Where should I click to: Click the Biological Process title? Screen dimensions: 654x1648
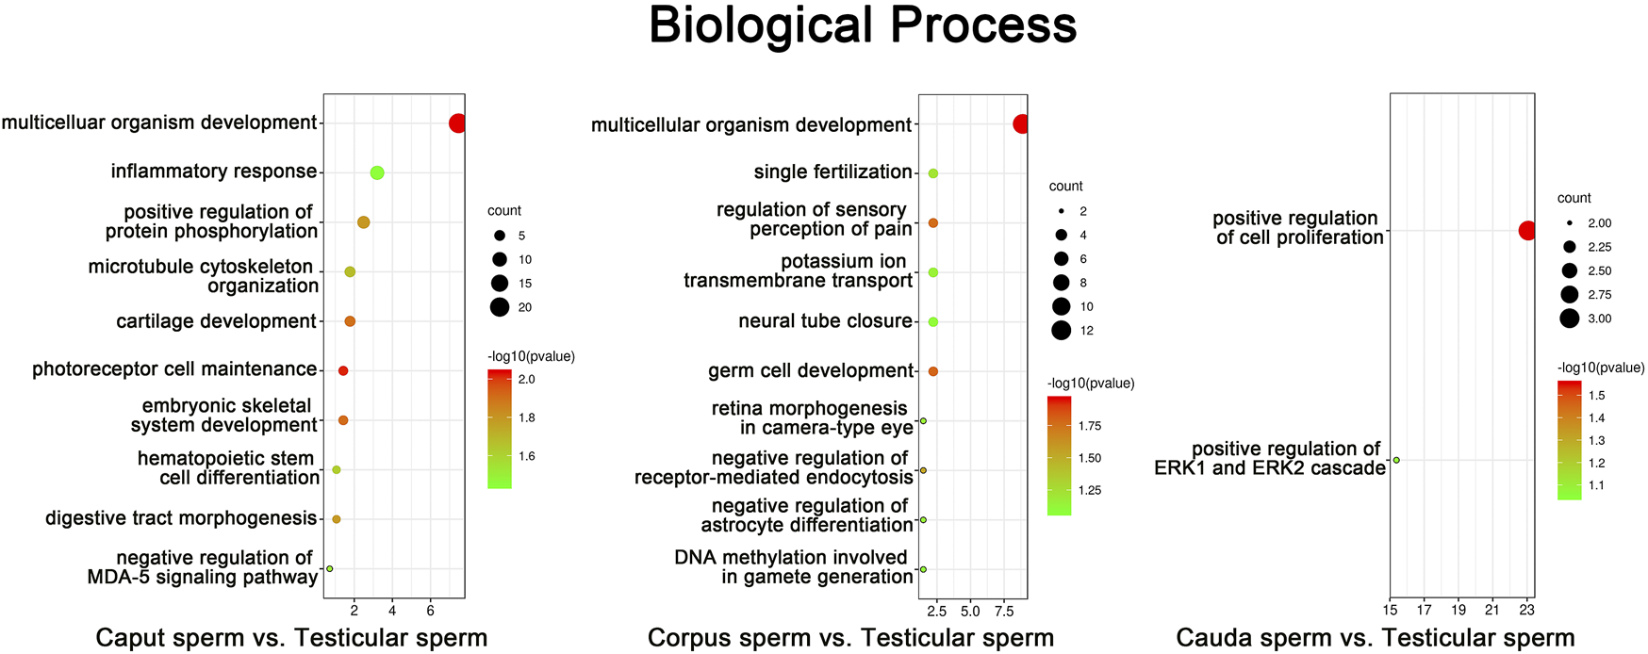862,26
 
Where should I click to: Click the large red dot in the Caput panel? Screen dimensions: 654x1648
457,123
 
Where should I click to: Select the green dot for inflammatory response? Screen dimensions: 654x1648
377,172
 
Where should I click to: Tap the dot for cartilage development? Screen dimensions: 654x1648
350,321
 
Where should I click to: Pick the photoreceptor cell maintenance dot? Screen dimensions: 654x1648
343,371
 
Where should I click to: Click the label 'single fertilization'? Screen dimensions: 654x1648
832,172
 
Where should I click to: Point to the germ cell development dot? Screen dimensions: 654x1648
932,371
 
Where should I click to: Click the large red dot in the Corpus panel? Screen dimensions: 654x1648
1020,124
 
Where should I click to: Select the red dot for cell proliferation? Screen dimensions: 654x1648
1526,231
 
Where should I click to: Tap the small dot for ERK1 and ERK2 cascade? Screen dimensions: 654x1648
1396,461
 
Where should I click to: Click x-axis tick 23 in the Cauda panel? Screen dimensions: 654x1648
1527,611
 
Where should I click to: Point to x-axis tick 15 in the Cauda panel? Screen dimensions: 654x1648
1390,611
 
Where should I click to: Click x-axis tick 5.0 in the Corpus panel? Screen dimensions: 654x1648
970,612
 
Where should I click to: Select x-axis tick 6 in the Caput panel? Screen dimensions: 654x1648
431,612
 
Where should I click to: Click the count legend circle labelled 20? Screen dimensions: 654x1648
500,307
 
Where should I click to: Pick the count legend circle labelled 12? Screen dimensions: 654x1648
1061,331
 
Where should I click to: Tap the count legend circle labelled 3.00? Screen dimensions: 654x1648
1569,319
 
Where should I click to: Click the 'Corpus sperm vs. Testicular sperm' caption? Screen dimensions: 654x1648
850,638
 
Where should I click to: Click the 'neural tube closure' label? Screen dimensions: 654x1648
825,321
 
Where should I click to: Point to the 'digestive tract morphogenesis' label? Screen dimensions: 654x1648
181,518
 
